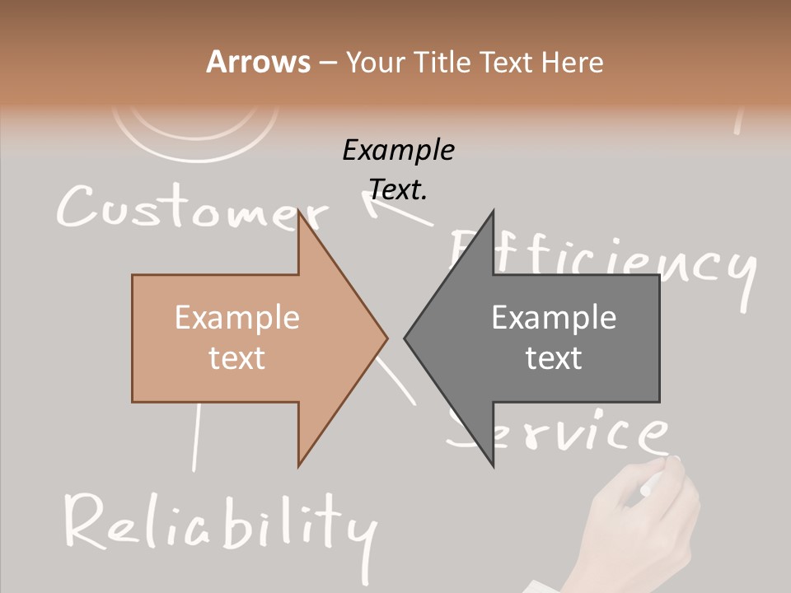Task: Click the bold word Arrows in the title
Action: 259,63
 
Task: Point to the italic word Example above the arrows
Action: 398,151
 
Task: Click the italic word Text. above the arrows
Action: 398,189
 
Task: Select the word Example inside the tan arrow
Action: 237,318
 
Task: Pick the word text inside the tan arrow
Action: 237,358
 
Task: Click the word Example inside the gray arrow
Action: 554,318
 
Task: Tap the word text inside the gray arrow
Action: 554,358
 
